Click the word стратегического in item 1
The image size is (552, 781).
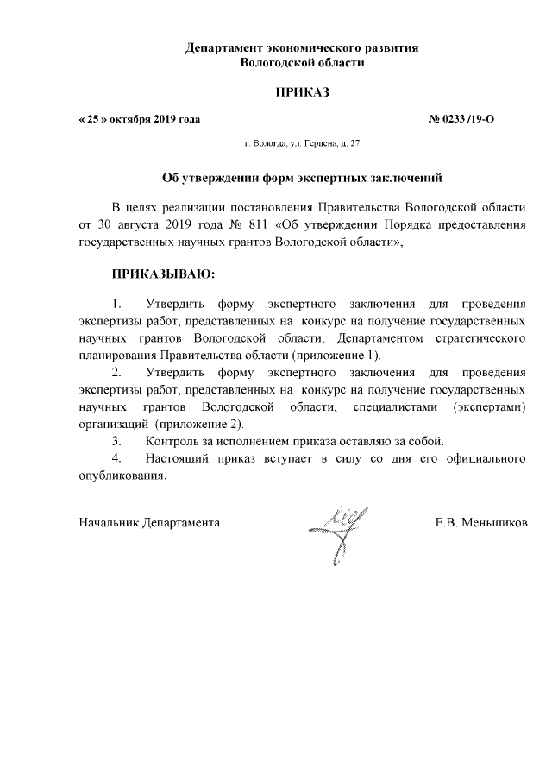[482, 338]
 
